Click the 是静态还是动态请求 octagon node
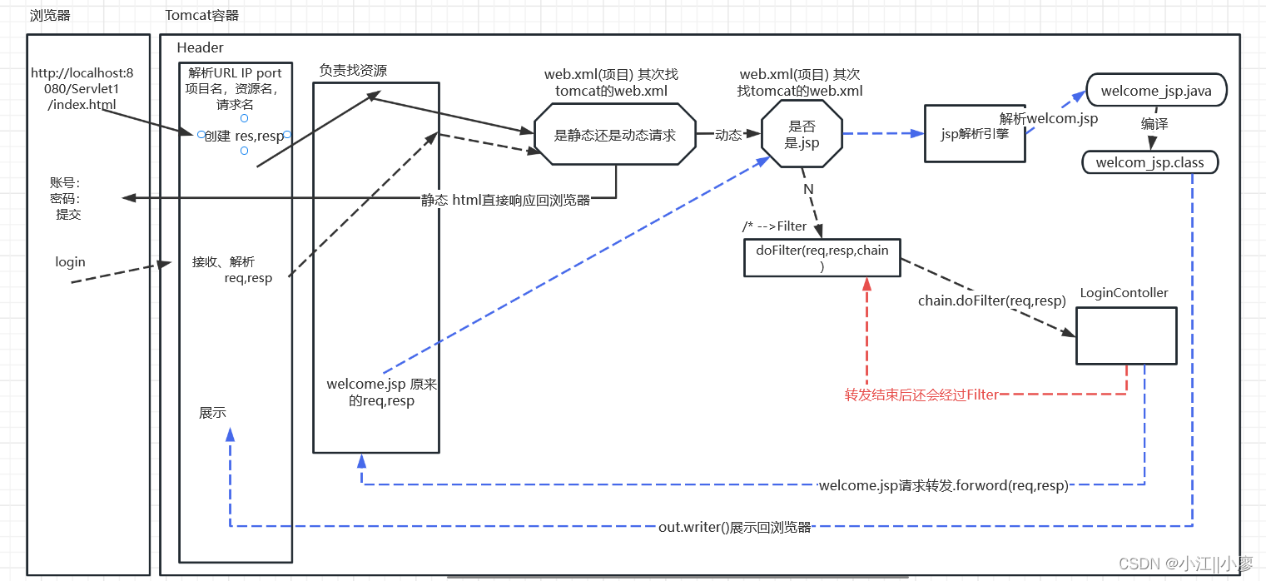pos(614,135)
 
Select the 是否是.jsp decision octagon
pos(802,134)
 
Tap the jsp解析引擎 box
pos(975,133)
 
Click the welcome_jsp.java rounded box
pos(1156,90)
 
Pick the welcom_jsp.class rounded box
pos(1149,162)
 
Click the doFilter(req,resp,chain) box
pos(822,256)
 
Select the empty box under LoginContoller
pos(1126,335)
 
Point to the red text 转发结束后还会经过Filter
pos(921,395)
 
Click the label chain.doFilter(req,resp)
pos(991,300)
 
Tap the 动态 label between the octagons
pos(728,135)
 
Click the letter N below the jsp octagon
pos(807,189)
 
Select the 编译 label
pos(1154,123)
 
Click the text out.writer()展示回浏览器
pos(734,527)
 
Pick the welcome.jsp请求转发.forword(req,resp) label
pos(943,485)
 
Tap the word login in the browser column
pos(70,261)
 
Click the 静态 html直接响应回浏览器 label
pos(505,200)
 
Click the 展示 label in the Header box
pos(212,413)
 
